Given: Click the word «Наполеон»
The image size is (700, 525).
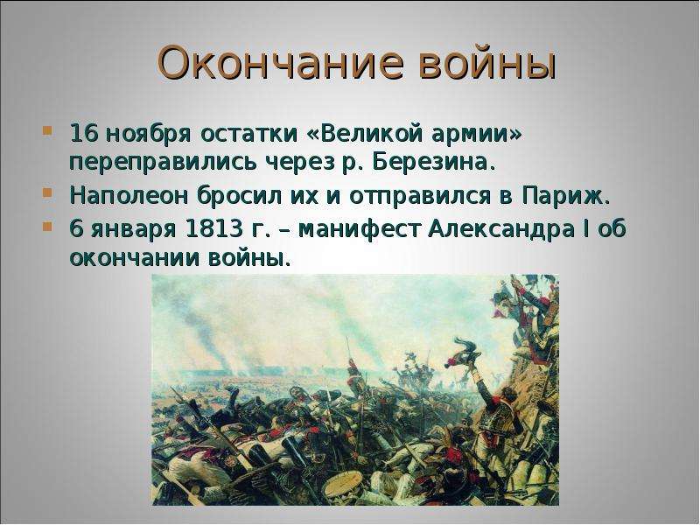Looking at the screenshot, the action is point(129,196).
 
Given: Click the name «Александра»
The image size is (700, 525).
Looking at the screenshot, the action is point(501,229).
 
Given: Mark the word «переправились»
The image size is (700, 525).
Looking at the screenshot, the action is point(164,164).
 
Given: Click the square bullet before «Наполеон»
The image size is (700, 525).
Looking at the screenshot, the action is point(47,192).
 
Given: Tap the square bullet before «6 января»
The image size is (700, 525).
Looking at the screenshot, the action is point(47,226).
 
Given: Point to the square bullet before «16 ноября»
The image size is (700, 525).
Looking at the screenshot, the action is point(47,131).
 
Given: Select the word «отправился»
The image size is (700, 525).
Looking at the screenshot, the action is point(421,197).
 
